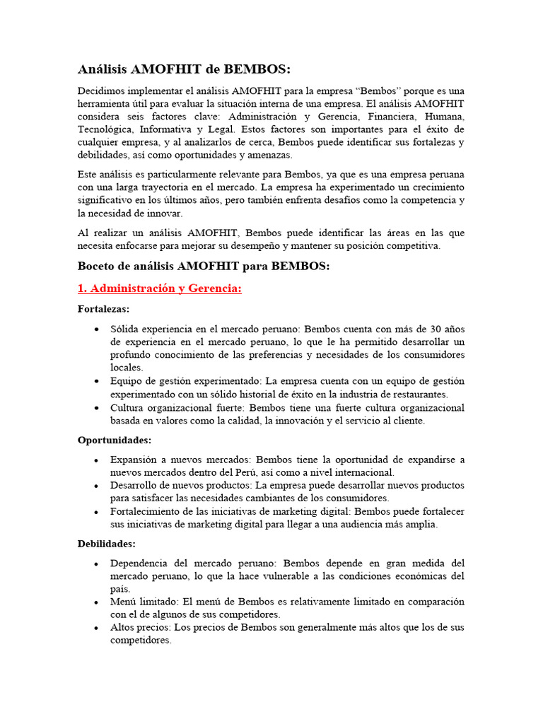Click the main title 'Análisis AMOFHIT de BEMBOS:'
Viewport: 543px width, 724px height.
coord(183,69)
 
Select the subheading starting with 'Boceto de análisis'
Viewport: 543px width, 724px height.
coord(204,266)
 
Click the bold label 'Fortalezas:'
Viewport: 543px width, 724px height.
coord(103,309)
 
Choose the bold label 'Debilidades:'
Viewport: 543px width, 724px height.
coord(106,544)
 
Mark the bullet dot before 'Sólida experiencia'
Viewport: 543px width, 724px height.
coord(96,329)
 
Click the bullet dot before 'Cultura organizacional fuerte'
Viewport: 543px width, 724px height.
coord(96,408)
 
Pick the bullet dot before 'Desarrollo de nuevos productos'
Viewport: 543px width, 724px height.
coord(96,486)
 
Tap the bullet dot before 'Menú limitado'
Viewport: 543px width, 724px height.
coord(96,602)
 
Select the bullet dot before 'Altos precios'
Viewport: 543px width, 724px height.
coord(96,628)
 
